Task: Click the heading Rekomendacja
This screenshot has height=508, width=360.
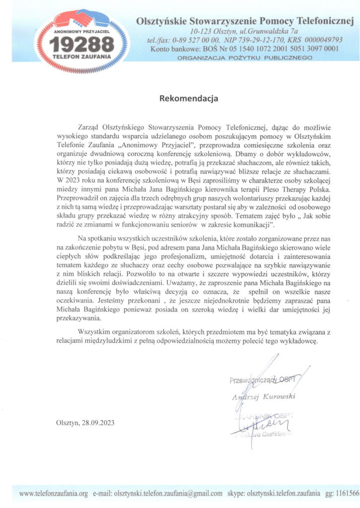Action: pos(189,98)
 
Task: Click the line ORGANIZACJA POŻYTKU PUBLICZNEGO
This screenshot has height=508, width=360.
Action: pos(245,58)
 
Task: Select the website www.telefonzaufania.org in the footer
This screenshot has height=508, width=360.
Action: pos(53,494)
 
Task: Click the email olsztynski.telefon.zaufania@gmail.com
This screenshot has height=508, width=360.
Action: pos(168,494)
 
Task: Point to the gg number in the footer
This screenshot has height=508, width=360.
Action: pos(348,494)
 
